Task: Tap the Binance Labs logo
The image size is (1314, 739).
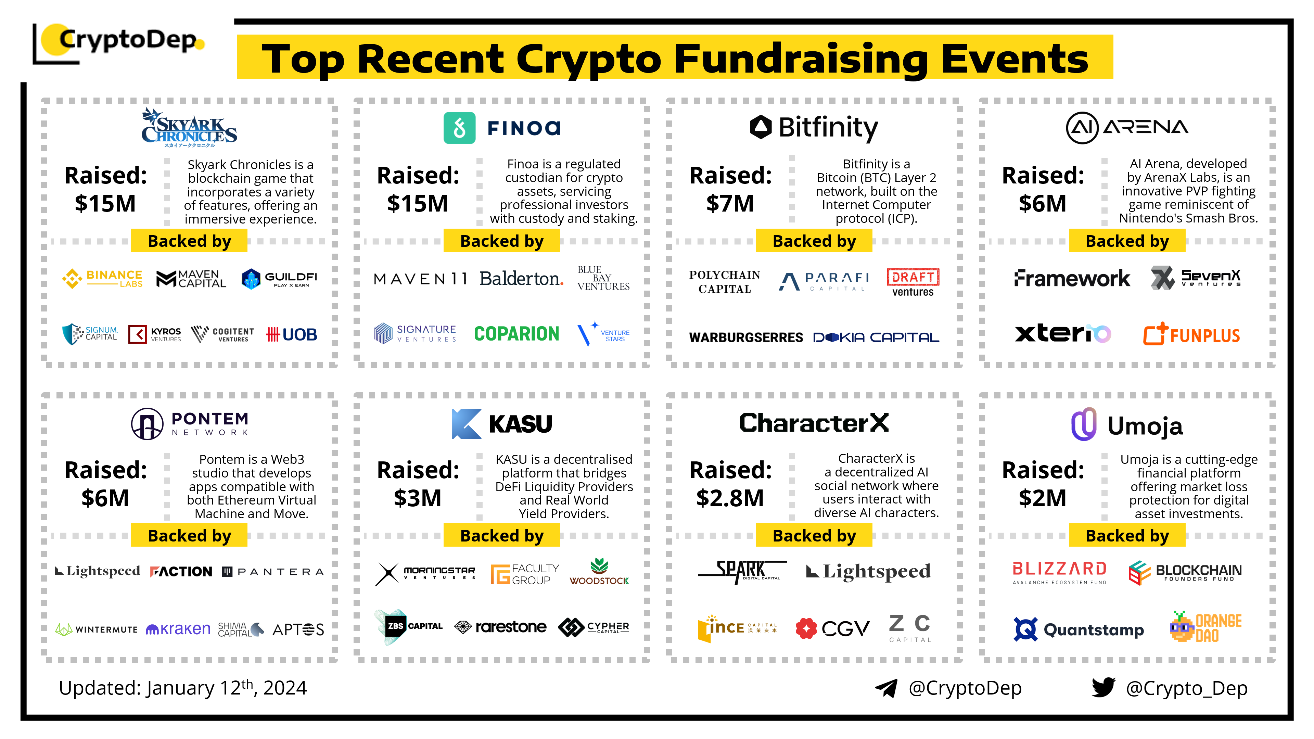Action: (x=102, y=279)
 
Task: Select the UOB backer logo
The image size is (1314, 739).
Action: (x=292, y=334)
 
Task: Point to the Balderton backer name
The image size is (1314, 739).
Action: (x=521, y=279)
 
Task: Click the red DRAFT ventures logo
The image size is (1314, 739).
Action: (x=913, y=282)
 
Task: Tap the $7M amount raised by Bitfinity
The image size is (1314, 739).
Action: (x=730, y=204)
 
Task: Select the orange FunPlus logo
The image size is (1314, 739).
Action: (x=1191, y=334)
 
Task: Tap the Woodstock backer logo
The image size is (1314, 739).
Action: (x=599, y=572)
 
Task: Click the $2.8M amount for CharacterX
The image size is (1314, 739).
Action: (x=730, y=498)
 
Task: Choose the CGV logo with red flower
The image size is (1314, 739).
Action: (x=832, y=628)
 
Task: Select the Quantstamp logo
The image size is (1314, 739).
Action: (x=1078, y=629)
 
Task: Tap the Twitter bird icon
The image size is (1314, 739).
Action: (x=1103, y=688)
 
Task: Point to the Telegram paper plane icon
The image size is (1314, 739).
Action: (x=886, y=688)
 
